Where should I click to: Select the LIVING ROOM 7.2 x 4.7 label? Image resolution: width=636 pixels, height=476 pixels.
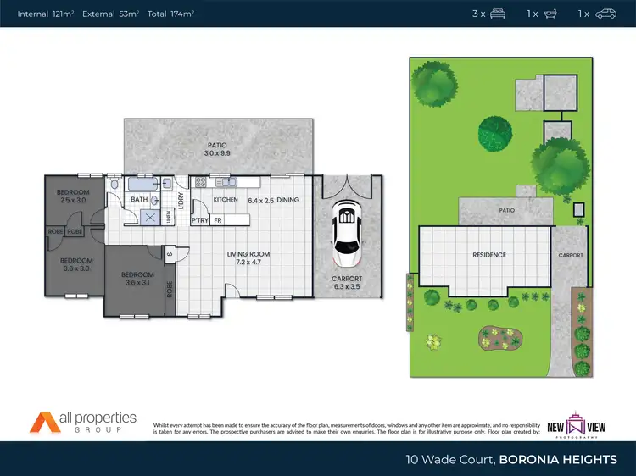click(248, 258)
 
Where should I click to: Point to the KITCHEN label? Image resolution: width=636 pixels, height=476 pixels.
click(226, 200)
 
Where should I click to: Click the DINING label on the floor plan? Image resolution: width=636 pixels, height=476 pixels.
click(287, 200)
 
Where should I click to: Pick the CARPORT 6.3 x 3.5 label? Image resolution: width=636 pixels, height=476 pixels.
click(346, 283)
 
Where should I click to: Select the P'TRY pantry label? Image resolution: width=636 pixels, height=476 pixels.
click(200, 220)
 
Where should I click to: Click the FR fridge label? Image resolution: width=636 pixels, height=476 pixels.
click(218, 220)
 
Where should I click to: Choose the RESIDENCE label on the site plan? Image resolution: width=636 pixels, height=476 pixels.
click(489, 255)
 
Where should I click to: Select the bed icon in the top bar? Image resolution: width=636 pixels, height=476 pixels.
click(499, 14)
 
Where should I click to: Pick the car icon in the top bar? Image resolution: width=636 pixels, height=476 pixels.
click(605, 14)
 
